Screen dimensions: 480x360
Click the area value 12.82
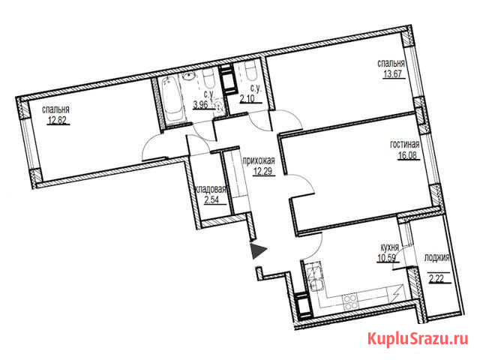click(57, 121)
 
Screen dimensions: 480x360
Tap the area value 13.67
click(392, 74)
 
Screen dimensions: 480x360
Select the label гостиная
click(405, 145)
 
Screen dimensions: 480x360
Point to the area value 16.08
click(407, 155)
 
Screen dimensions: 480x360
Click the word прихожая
click(259, 160)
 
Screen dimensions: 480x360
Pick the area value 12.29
click(262, 171)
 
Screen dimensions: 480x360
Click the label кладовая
click(210, 189)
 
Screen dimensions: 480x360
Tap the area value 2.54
click(211, 200)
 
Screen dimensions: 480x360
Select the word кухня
click(389, 247)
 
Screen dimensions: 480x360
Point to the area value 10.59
click(388, 258)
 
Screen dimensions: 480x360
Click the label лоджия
click(436, 258)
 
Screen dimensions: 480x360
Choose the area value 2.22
click(436, 279)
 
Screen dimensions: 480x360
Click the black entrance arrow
click(257, 250)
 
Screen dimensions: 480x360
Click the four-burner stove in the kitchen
click(350, 301)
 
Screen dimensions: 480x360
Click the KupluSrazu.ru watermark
click(418, 339)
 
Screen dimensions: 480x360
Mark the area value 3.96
click(200, 105)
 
